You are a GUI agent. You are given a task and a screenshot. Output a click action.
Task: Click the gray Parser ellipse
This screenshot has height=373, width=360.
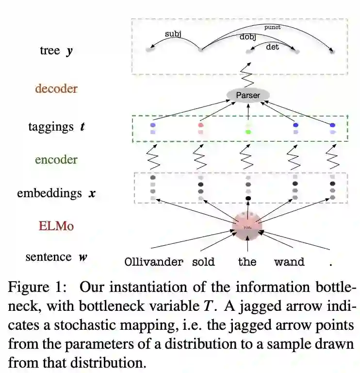tap(248, 95)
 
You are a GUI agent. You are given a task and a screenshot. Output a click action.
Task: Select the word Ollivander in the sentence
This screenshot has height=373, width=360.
tap(154, 262)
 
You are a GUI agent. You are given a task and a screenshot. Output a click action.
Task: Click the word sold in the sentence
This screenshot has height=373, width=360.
tap(203, 262)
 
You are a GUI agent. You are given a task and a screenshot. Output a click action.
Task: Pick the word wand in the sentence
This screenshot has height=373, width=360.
tap(289, 262)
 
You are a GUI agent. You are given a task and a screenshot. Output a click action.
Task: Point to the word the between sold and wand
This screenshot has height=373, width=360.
tap(247, 262)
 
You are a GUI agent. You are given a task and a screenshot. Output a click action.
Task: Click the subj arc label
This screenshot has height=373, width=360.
tap(173, 34)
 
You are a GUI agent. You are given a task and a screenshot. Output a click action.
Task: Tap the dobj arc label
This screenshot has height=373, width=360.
tap(248, 37)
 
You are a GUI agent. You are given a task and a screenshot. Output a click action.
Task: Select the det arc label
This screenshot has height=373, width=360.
tap(273, 47)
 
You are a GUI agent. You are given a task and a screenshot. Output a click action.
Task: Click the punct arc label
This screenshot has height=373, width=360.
tap(272, 27)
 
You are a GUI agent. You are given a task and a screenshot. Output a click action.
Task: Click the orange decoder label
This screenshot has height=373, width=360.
tap(56, 89)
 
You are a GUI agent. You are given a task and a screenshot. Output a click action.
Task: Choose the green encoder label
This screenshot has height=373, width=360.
tap(56, 160)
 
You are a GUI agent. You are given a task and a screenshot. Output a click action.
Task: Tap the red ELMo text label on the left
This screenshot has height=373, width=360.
tap(56, 226)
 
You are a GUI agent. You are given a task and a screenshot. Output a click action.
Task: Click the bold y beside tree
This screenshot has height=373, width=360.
tap(70, 51)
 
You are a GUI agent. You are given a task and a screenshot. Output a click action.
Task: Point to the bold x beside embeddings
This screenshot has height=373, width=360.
tap(92, 193)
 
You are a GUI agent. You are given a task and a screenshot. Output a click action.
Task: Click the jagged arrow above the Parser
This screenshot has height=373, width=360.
tap(248, 76)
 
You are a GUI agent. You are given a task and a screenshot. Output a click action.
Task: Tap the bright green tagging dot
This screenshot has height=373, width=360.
tap(248, 132)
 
